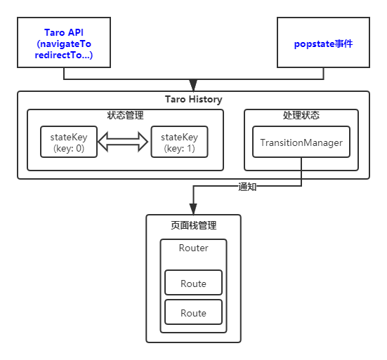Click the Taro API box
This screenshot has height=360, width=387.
(64, 42)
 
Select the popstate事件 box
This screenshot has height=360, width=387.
(323, 42)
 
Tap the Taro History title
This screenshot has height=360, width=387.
(193, 100)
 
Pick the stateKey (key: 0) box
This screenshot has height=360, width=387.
(69, 142)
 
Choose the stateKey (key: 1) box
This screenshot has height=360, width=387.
(179, 142)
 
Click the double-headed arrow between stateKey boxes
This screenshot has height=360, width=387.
(124, 142)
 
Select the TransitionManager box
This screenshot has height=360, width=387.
(301, 143)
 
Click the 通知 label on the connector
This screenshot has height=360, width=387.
(248, 187)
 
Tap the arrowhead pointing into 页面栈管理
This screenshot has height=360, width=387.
(193, 208)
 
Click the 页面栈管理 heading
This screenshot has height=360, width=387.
(193, 226)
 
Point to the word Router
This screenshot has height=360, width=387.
(193, 248)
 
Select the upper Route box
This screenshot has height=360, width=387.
(193, 284)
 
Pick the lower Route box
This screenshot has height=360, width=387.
(193, 313)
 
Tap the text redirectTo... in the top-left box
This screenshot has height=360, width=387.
(63, 55)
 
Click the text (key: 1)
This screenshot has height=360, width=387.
(179, 148)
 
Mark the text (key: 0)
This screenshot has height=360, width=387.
(69, 148)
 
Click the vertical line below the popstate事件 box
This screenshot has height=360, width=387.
(323, 73)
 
